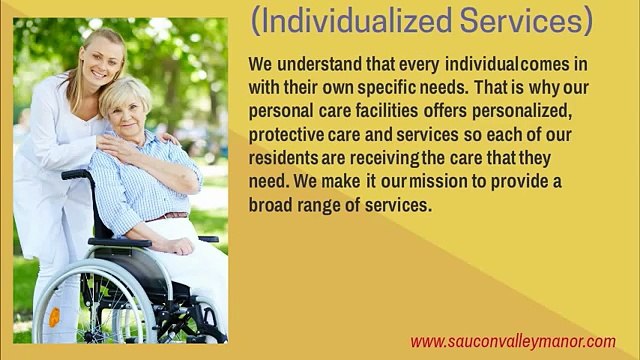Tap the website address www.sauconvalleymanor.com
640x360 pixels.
[x=513, y=340]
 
